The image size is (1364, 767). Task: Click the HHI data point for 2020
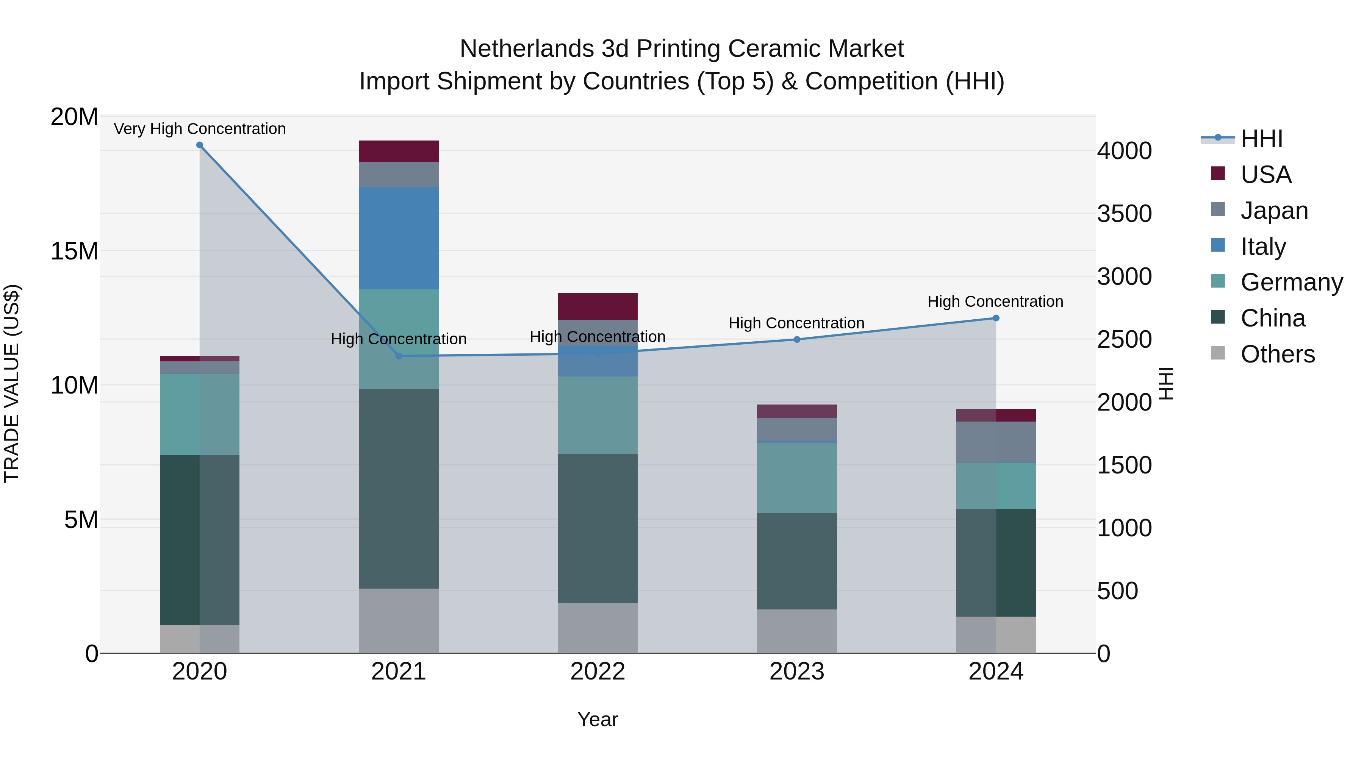coord(200,145)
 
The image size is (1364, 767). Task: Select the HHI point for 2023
coord(796,339)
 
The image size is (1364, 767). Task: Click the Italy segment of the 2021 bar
coord(398,238)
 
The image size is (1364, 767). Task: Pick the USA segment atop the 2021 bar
coord(398,152)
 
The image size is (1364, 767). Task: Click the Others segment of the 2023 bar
coord(796,631)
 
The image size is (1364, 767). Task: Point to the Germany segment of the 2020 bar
coord(200,414)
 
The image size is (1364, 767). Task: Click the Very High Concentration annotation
coord(200,129)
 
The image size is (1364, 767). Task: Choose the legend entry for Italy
coord(1262,247)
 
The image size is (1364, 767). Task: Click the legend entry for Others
coord(1277,354)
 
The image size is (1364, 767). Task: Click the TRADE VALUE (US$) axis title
coord(12,383)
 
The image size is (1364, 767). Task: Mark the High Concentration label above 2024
coord(995,302)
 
